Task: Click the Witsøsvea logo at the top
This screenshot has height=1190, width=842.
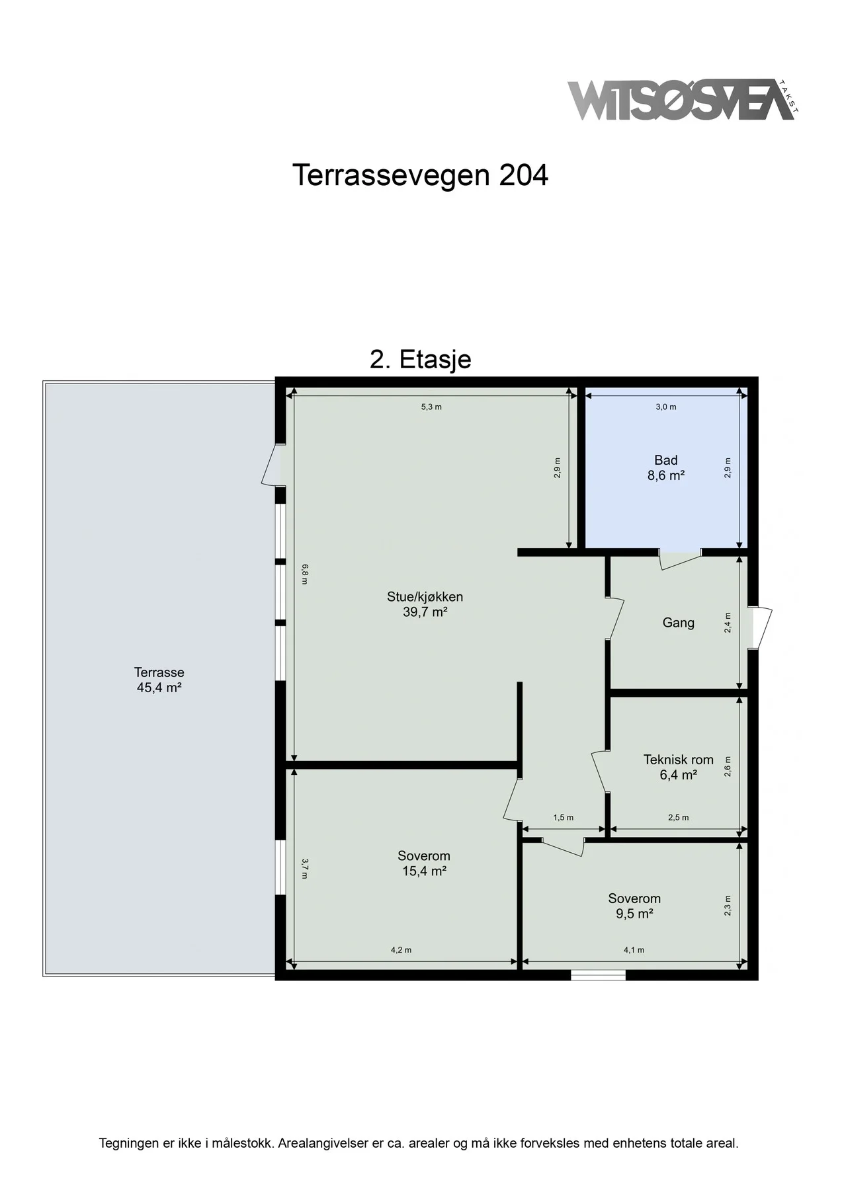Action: [683, 100]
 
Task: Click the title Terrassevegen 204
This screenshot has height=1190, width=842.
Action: [420, 175]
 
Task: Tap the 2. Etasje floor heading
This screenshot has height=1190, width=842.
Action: [420, 359]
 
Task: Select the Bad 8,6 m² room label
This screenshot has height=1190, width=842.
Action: [665, 467]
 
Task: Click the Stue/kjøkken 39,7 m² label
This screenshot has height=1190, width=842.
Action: [425, 604]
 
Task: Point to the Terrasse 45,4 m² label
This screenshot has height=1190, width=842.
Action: [159, 680]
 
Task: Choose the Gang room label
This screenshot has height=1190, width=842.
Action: [678, 623]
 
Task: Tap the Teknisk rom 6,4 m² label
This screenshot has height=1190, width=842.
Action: [678, 768]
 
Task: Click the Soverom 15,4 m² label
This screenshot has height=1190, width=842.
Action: [424, 863]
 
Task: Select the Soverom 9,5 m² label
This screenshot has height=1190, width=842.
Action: [634, 906]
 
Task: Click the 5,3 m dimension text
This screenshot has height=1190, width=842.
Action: [431, 407]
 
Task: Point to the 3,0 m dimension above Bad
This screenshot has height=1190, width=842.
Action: [665, 407]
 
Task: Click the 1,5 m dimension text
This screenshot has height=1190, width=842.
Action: [564, 818]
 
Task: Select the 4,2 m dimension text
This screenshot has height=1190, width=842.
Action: [401, 950]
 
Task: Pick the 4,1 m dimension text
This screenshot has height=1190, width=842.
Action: [634, 950]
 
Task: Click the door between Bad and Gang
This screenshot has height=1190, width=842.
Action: [681, 559]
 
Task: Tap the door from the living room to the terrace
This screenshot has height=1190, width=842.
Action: [273, 465]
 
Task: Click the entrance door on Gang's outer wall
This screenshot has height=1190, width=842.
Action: [760, 627]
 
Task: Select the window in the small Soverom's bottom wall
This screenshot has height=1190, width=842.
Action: [598, 974]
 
